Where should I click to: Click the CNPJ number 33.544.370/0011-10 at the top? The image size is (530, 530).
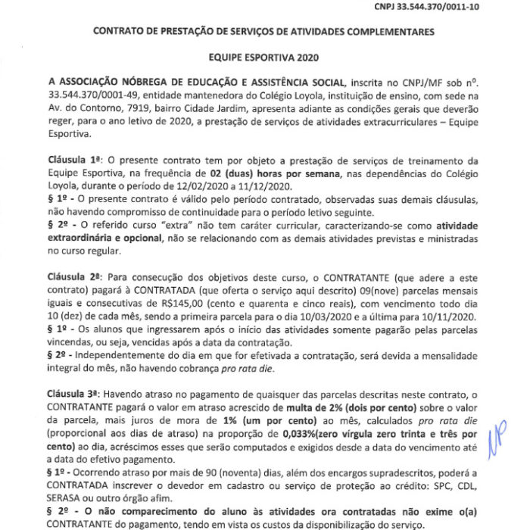[x=470, y=6]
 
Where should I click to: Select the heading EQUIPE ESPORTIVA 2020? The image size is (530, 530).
[x=265, y=57]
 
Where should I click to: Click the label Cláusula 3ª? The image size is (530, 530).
[x=73, y=394]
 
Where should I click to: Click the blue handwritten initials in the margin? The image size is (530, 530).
[x=497, y=432]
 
